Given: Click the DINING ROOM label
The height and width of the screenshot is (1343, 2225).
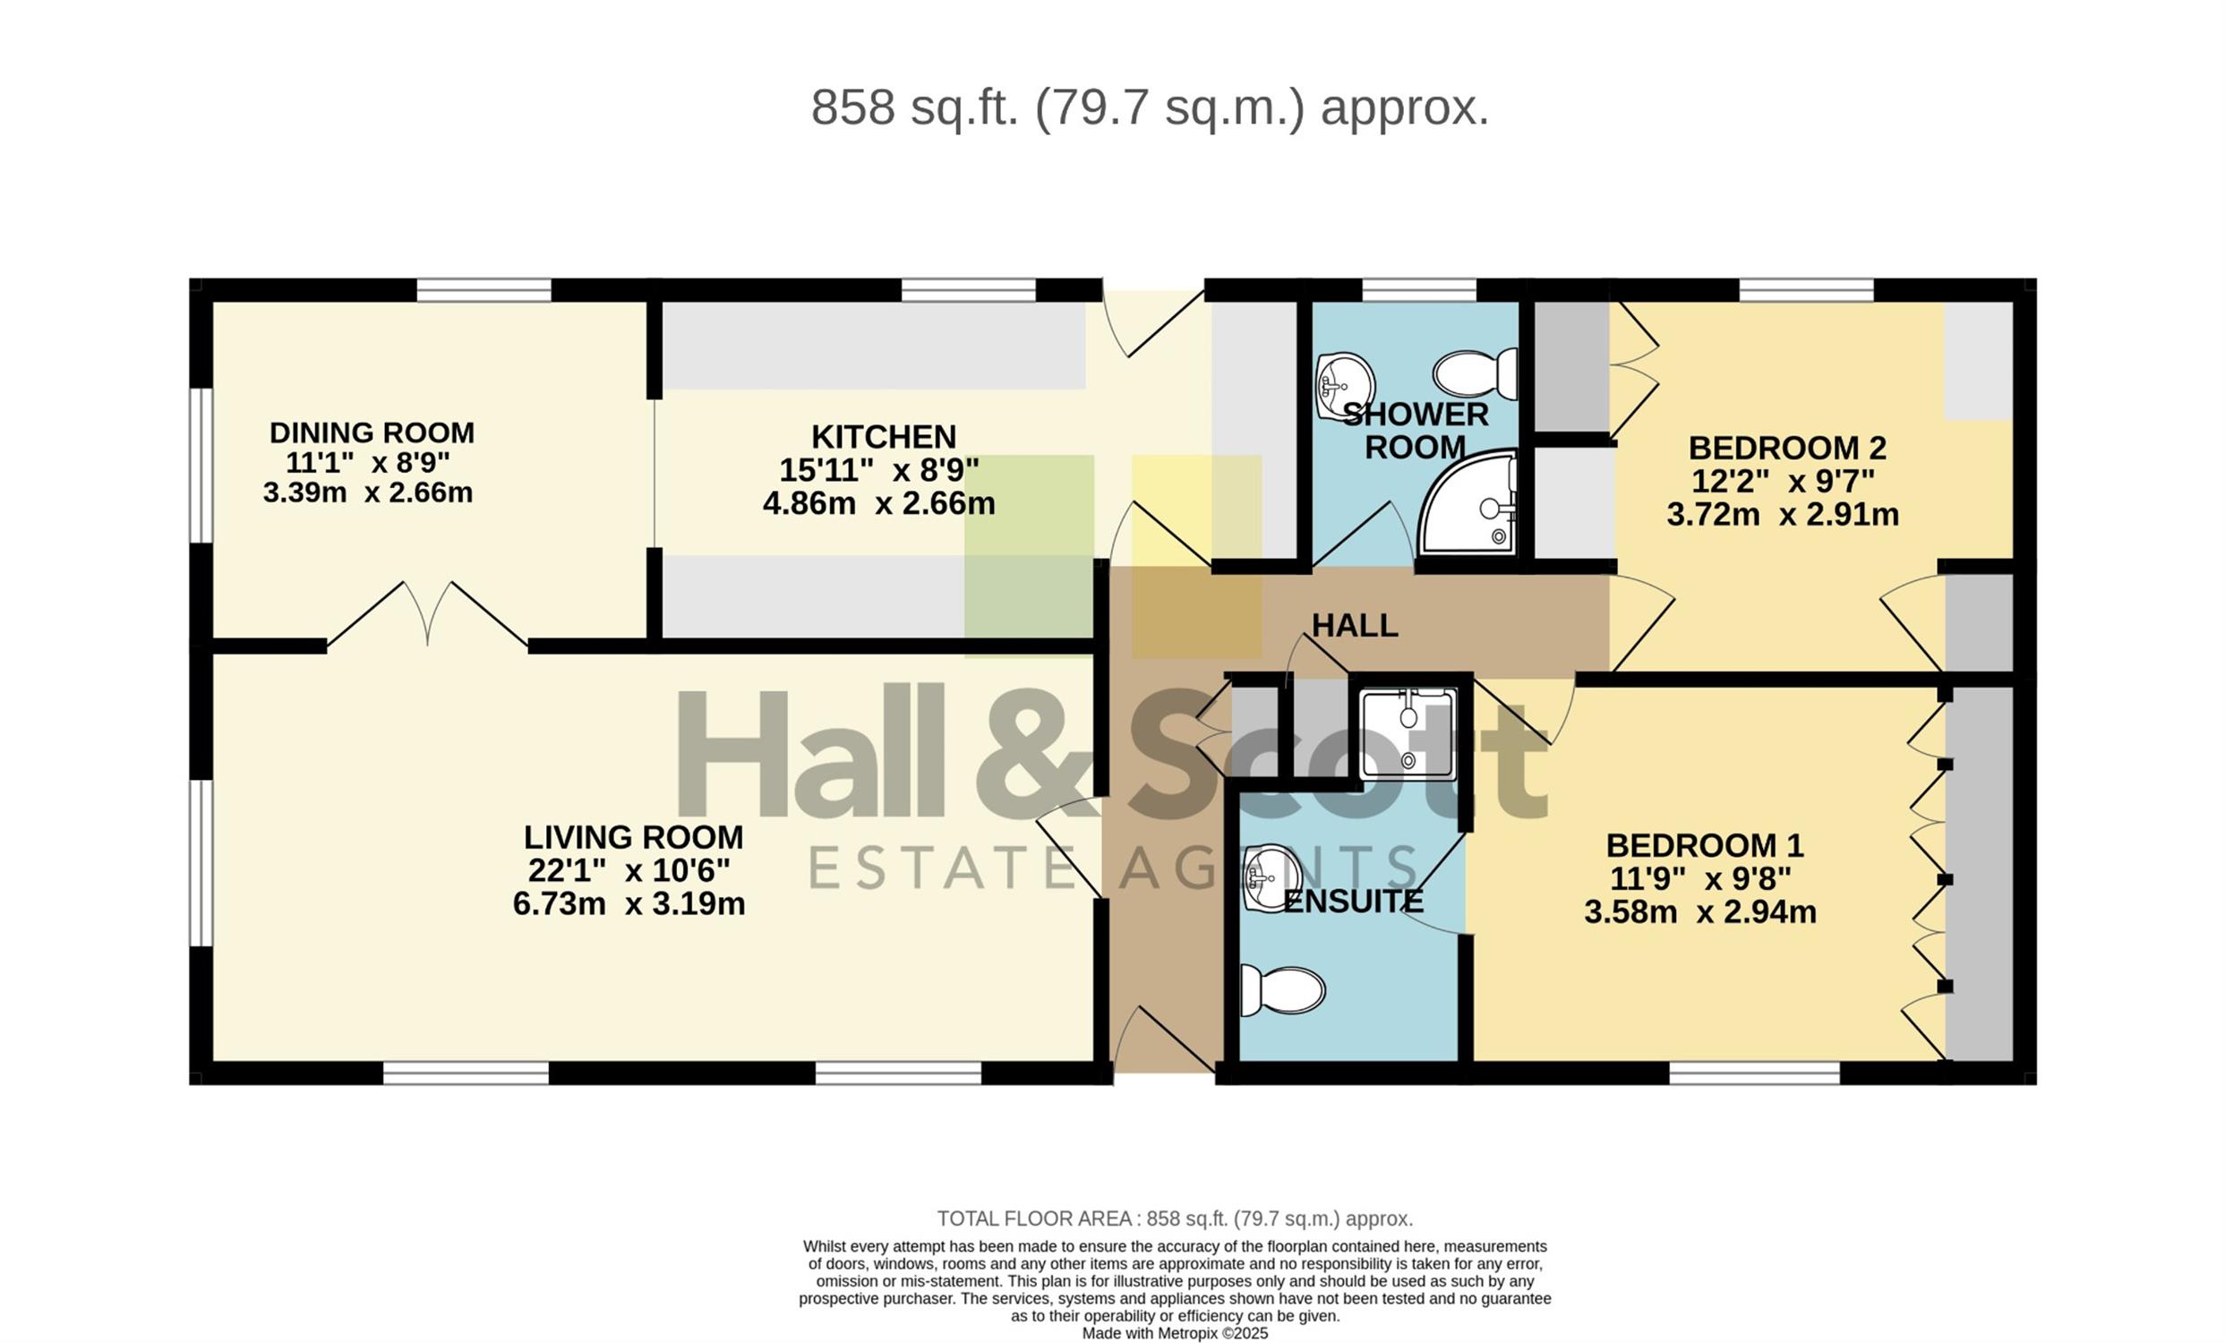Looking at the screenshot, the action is [x=372, y=432].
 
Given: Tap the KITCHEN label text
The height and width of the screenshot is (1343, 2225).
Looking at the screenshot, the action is [x=883, y=437].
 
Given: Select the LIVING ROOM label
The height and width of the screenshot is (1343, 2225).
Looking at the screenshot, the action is [x=633, y=837].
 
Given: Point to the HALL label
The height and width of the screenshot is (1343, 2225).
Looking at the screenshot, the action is [x=1355, y=625].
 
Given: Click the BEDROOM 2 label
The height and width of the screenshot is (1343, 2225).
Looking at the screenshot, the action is [x=1787, y=448].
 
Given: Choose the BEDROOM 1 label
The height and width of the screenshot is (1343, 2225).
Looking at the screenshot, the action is [x=1705, y=845].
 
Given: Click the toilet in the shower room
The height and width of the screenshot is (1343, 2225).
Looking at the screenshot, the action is [x=1475, y=373].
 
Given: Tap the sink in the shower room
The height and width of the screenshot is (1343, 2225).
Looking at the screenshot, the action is [x=1345, y=387].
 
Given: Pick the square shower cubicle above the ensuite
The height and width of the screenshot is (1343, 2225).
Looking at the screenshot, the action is [x=1408, y=734].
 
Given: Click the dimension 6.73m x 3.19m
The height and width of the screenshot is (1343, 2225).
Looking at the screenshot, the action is [x=629, y=904].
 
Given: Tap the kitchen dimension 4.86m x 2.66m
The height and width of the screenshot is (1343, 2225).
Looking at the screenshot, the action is [x=878, y=503].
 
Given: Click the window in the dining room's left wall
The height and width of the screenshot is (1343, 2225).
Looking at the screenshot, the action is [x=201, y=466].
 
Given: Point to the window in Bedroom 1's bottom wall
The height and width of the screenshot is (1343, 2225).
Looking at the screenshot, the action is [x=1755, y=1073].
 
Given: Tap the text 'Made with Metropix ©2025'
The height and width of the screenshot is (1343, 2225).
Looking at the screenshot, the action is [x=1175, y=1333].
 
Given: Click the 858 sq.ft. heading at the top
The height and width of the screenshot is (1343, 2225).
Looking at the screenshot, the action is [x=1150, y=107].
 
